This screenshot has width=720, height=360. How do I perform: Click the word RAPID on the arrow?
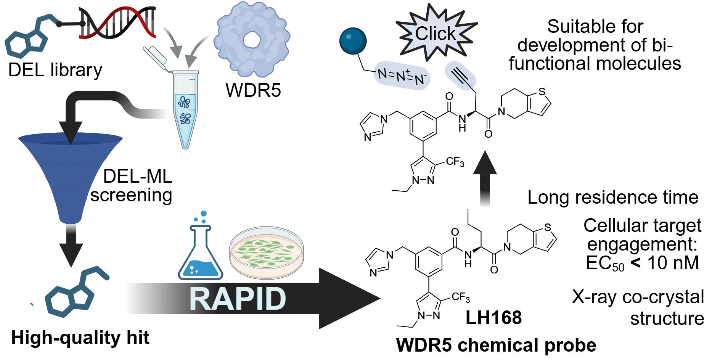click(238, 299)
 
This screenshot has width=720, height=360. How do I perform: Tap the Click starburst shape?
click(436, 33)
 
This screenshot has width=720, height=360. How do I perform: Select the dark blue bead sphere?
click(353, 41)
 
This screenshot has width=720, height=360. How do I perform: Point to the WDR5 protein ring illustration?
click(252, 40)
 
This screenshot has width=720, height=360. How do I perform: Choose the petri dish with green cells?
click(267, 252)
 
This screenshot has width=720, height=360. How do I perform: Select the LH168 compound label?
click(493, 318)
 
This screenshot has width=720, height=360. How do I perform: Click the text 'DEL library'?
click(55, 70)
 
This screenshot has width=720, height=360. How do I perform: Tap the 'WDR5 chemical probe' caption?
click(496, 345)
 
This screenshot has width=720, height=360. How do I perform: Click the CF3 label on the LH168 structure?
click(461, 297)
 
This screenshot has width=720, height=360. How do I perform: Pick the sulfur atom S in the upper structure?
click(542, 92)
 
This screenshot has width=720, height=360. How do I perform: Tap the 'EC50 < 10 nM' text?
click(642, 263)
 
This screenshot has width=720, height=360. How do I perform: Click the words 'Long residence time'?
click(612, 198)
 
